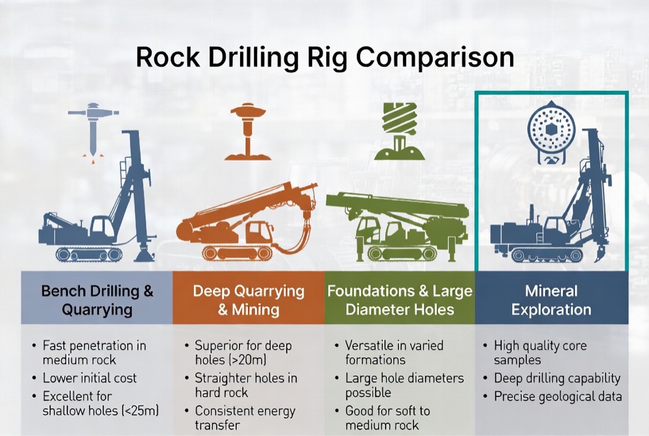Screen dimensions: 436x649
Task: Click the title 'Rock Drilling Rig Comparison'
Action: coord(324,57)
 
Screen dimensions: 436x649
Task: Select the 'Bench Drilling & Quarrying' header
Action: coord(97,300)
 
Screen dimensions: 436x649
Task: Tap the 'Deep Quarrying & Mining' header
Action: coord(249,300)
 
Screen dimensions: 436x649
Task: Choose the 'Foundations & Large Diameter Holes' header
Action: coord(400,300)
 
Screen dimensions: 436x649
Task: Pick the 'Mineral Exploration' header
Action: coord(552,300)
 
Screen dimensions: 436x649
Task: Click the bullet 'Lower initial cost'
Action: coord(90,378)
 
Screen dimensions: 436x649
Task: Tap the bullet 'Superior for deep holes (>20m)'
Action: coord(243,352)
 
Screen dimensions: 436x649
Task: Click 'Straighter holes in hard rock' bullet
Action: coord(246,385)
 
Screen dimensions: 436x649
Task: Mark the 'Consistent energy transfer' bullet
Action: coord(245,418)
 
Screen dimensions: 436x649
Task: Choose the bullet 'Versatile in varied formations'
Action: coord(394,352)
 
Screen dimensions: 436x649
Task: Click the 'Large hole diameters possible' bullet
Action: coord(404,385)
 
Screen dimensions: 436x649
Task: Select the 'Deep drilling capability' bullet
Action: coord(557,378)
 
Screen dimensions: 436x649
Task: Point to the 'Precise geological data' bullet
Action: coord(557,396)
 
